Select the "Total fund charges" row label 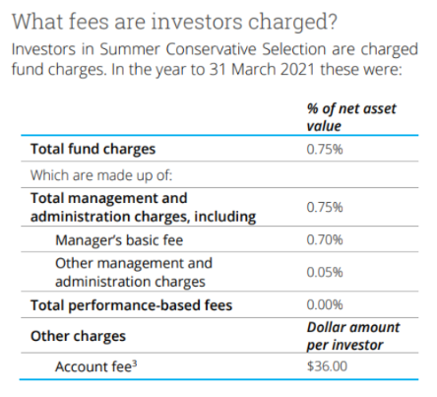86,151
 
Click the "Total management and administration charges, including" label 143,208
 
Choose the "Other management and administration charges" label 133,272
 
